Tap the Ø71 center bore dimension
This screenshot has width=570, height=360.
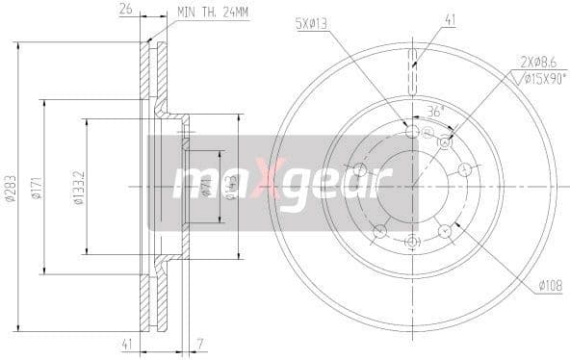(206, 186)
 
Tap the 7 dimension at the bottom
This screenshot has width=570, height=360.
(198, 344)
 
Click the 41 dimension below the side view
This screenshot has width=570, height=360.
(125, 344)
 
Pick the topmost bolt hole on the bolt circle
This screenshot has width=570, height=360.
(413, 131)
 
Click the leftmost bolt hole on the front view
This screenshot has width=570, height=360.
(360, 169)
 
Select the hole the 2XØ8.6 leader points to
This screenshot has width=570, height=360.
(445, 142)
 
